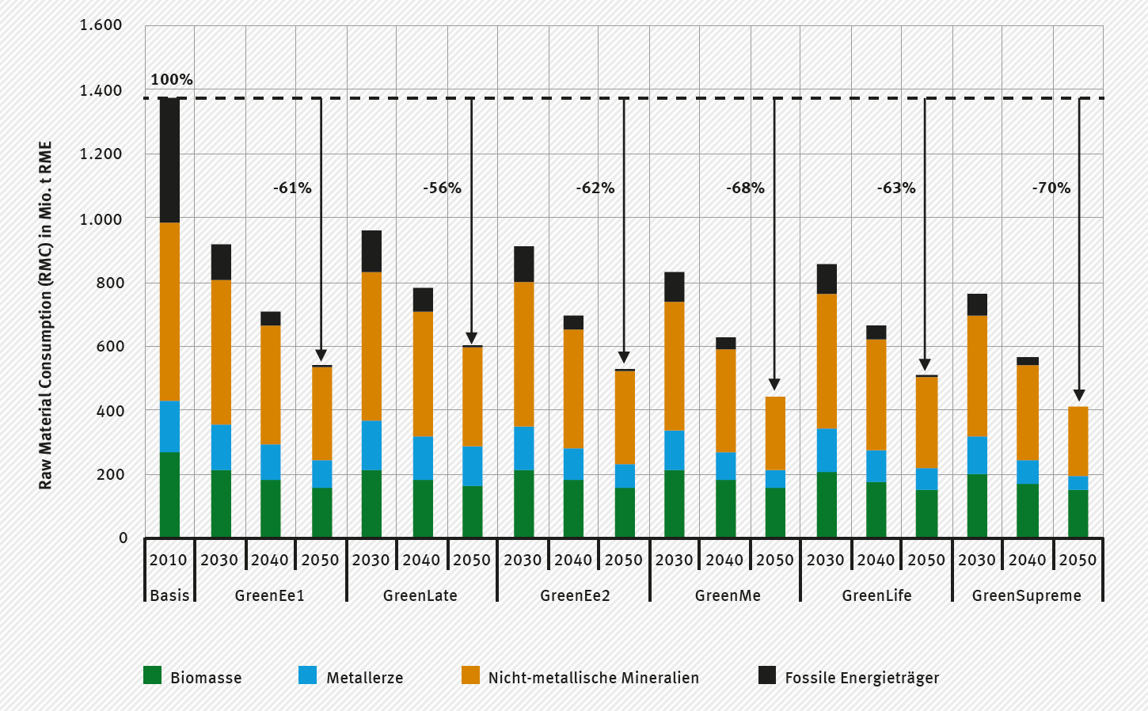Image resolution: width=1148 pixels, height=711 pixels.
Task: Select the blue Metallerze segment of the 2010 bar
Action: pyautogui.click(x=169, y=426)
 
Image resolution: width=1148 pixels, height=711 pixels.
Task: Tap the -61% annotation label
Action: pyautogui.click(x=292, y=188)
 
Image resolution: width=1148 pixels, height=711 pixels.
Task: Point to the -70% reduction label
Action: pyautogui.click(x=1051, y=188)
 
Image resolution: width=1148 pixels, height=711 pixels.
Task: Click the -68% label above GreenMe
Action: pyautogui.click(x=745, y=188)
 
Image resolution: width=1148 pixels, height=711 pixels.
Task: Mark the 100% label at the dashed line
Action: pyautogui.click(x=172, y=79)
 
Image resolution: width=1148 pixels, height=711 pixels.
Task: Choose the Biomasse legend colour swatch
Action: pyautogui.click(x=152, y=675)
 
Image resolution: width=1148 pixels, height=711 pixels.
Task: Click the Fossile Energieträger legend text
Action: pyautogui.click(x=861, y=678)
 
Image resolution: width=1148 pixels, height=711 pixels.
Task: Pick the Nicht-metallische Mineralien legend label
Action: pyautogui.click(x=593, y=678)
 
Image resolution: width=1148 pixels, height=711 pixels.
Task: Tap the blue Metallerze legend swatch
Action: pyautogui.click(x=307, y=675)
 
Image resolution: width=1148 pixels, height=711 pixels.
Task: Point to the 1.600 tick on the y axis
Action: pyautogui.click(x=101, y=25)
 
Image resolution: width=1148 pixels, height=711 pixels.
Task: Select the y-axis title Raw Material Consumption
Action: pyautogui.click(x=45, y=315)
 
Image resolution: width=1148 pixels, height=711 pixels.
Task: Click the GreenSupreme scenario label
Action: pyautogui.click(x=1026, y=595)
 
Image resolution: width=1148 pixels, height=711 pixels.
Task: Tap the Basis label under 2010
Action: pyautogui.click(x=169, y=595)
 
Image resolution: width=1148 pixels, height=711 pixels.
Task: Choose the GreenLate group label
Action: pyautogui.click(x=420, y=595)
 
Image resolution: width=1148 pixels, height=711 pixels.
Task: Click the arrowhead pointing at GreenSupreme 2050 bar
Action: pyautogui.click(x=1078, y=396)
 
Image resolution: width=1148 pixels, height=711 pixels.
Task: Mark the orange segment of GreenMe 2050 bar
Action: pyautogui.click(x=775, y=433)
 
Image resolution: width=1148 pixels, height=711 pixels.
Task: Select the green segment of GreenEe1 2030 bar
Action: pyautogui.click(x=221, y=504)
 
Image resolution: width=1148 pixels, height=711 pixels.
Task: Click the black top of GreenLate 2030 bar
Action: pyautogui.click(x=371, y=251)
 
